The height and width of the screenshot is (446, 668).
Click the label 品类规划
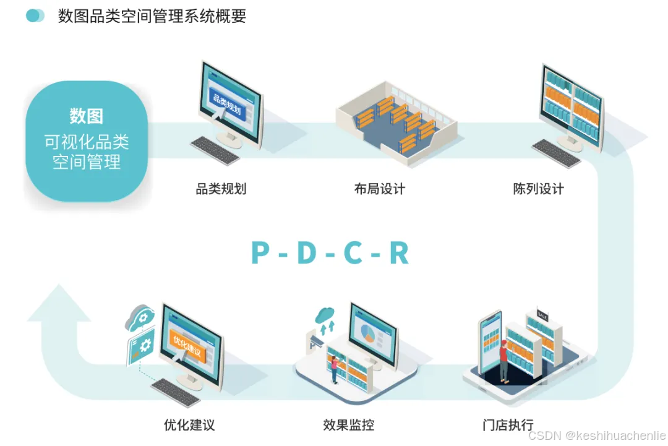[221, 189]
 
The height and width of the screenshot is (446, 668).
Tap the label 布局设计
[379, 189]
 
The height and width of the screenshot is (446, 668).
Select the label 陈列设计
[538, 189]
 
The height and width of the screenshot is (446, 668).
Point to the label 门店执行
[508, 425]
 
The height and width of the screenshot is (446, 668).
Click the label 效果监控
[348, 425]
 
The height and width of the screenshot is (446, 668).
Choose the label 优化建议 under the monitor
[189, 425]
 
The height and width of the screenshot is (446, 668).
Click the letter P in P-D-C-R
[260, 252]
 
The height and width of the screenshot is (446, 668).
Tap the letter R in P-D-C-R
[399, 252]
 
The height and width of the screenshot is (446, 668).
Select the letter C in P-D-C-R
[353, 252]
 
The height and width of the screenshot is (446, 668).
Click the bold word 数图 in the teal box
[86, 116]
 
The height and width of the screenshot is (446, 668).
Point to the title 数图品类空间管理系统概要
[152, 16]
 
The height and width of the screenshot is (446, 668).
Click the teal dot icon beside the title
[35, 16]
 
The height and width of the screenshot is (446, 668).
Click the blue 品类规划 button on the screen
[226, 103]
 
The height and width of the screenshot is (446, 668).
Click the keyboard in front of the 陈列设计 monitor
[557, 152]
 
